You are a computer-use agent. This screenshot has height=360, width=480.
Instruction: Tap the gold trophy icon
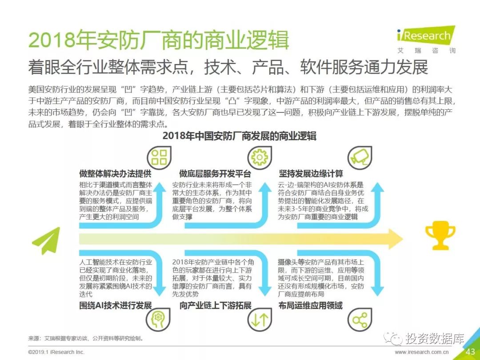pyautogui.click(x=440, y=236)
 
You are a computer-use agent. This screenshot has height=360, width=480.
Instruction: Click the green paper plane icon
pyautogui.click(x=46, y=240)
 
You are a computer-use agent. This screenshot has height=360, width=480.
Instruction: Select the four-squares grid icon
pyautogui.click(x=159, y=157)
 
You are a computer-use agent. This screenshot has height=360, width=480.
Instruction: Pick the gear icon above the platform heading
pyautogui.click(x=259, y=157)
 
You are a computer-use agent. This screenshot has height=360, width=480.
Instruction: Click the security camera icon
pyautogui.click(x=359, y=157)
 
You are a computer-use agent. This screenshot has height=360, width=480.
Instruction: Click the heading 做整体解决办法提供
pyautogui.click(x=116, y=173)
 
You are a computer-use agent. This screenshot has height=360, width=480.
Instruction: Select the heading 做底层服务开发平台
pyautogui.click(x=215, y=173)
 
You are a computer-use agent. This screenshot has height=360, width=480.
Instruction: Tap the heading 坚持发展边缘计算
pyautogui.click(x=311, y=173)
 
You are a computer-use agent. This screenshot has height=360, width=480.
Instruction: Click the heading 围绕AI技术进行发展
pyautogui.click(x=116, y=305)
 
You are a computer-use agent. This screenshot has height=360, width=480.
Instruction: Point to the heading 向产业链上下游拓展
pyautogui.click(x=216, y=305)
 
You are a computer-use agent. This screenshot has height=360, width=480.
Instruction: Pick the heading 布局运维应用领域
pyautogui.click(x=311, y=305)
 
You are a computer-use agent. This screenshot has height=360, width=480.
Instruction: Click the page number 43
pyautogui.click(x=470, y=352)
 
